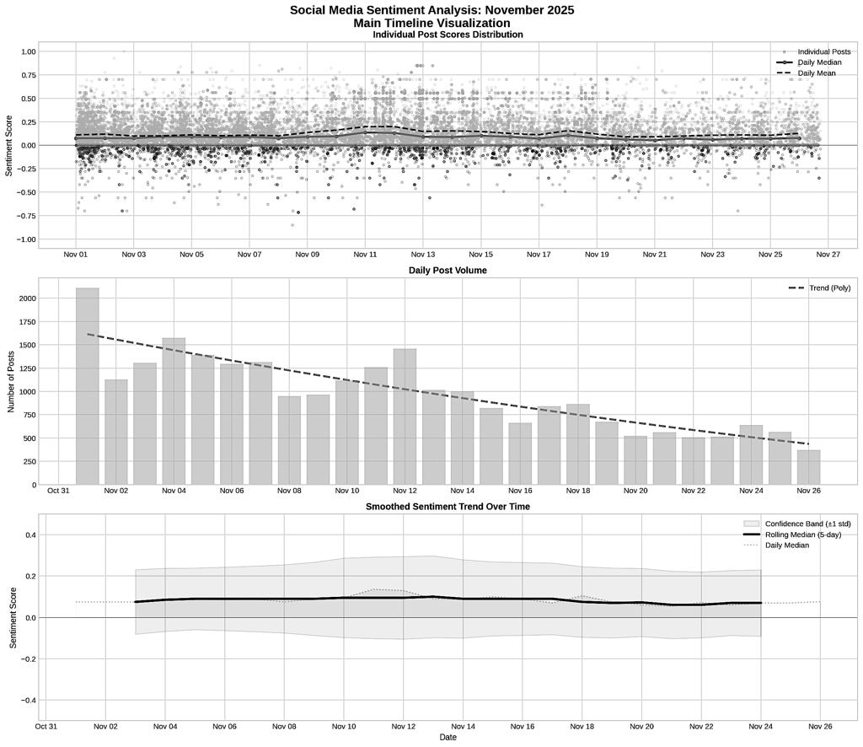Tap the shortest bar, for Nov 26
[x=809, y=467]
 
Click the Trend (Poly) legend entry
[x=819, y=288]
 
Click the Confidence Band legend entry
[x=807, y=524]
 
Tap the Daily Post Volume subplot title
[x=448, y=270]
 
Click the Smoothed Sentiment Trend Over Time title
[x=448, y=506]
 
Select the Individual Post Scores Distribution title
[x=448, y=35]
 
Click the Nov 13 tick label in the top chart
[x=423, y=254]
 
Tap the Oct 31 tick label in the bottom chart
[x=46, y=725]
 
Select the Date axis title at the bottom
[x=448, y=737]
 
